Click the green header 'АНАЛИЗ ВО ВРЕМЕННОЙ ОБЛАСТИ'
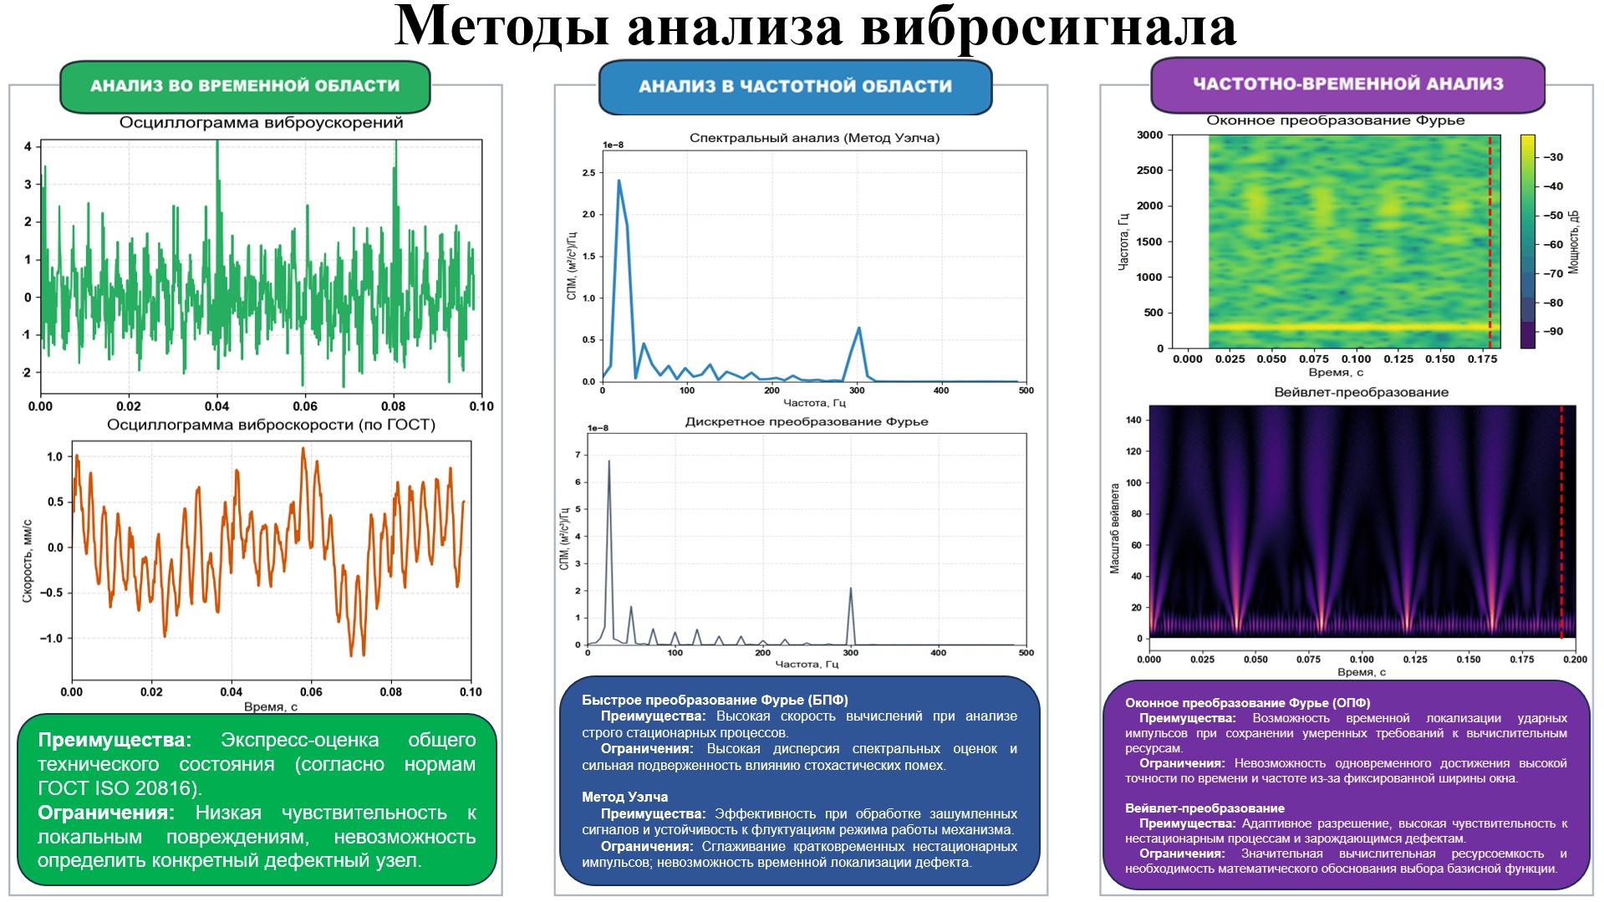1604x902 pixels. pos(245,86)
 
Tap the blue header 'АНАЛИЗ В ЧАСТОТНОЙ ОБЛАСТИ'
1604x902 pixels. pos(795,86)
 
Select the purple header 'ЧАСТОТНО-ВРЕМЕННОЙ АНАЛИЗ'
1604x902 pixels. pos(1347,84)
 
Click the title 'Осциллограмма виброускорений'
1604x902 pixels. pos(261,123)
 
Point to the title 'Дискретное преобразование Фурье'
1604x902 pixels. pos(807,422)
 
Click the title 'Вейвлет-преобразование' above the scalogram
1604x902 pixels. pos(1361,392)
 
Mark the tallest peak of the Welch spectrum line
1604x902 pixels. pos(619,181)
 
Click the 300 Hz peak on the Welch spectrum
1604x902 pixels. pos(858,328)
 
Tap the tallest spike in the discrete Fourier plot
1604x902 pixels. pos(609,461)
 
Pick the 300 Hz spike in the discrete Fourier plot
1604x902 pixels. pos(851,589)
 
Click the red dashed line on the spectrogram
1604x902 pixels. pos(1489,242)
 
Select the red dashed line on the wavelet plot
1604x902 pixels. pos(1561,518)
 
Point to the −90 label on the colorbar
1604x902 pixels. pos(1553,332)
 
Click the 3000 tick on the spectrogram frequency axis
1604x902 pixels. pos(1149,135)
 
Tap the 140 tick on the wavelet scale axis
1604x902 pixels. pos(1133,420)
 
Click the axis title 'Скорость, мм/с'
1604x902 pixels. pos(28,560)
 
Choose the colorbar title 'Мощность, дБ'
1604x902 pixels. pos(1574,242)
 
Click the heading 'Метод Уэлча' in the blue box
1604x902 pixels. pos(624,798)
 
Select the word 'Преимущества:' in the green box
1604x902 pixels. pos(115,741)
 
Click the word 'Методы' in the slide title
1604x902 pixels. pos(502,27)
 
